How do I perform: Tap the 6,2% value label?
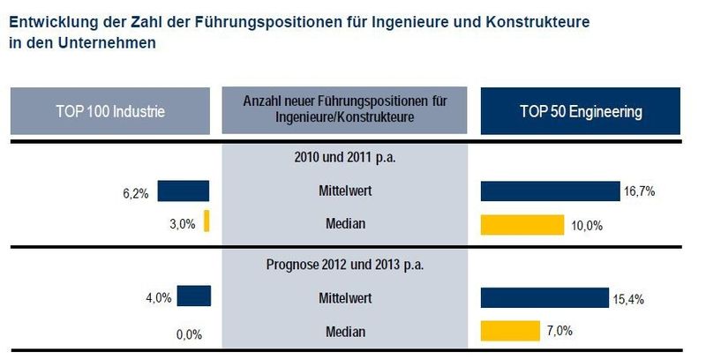tap(161, 191)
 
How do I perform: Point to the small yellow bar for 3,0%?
tap(207, 221)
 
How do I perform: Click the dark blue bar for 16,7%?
tap(550, 191)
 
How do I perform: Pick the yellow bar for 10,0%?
tap(522, 225)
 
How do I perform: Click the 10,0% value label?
tap(587, 225)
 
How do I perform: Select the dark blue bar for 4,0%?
tap(194, 296)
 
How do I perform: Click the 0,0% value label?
tap(190, 334)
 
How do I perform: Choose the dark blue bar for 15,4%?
tap(545, 298)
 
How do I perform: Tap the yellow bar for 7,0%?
tap(510, 331)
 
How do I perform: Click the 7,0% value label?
tap(560, 331)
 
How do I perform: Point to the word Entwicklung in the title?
tap(51, 20)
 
